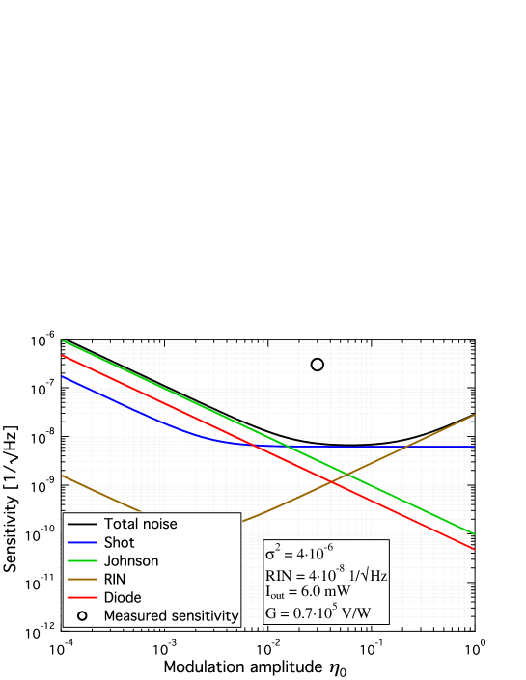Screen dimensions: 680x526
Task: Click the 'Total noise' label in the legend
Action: tap(140, 524)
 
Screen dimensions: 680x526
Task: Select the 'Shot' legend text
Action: tap(120, 542)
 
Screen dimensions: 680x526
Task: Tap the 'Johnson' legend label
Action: tap(131, 560)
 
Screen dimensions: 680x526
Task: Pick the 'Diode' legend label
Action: tap(123, 597)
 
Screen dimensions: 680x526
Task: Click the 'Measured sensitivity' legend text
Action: tap(171, 615)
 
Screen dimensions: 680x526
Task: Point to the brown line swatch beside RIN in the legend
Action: tap(81, 579)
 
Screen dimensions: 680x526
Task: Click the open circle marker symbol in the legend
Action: tap(82, 615)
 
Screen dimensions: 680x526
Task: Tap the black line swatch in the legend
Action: tap(81, 524)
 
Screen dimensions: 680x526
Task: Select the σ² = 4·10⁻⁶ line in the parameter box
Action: tap(299, 554)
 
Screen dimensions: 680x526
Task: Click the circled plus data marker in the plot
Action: tap(318, 363)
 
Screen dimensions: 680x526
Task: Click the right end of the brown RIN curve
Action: tap(474, 415)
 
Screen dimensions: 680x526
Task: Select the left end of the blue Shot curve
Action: tap(63, 376)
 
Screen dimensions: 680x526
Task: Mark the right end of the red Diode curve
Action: tap(474, 549)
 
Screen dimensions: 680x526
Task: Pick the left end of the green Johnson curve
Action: tap(63, 340)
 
